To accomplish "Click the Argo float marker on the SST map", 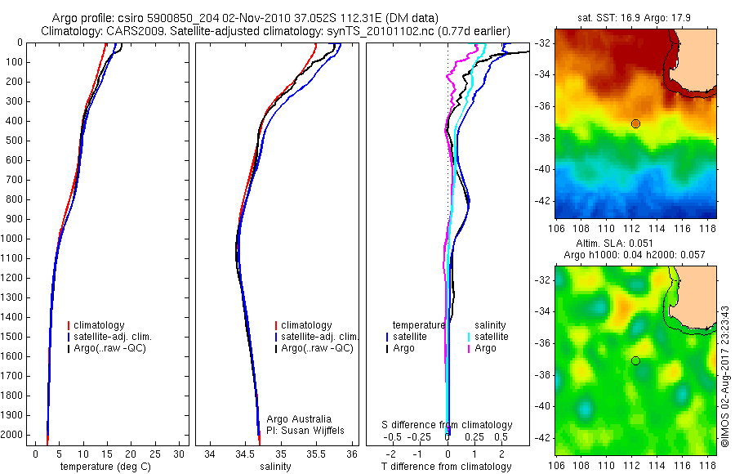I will (x=635, y=123).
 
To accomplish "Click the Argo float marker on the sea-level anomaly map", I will (x=635, y=360).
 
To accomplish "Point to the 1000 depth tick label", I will (x=13, y=239).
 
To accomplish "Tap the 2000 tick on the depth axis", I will (x=13, y=436).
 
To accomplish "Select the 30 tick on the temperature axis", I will (x=179, y=454).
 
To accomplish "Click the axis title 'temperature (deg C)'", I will (x=106, y=467).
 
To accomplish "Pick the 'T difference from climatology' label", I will (x=448, y=467).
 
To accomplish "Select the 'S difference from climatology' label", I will (x=448, y=425).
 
